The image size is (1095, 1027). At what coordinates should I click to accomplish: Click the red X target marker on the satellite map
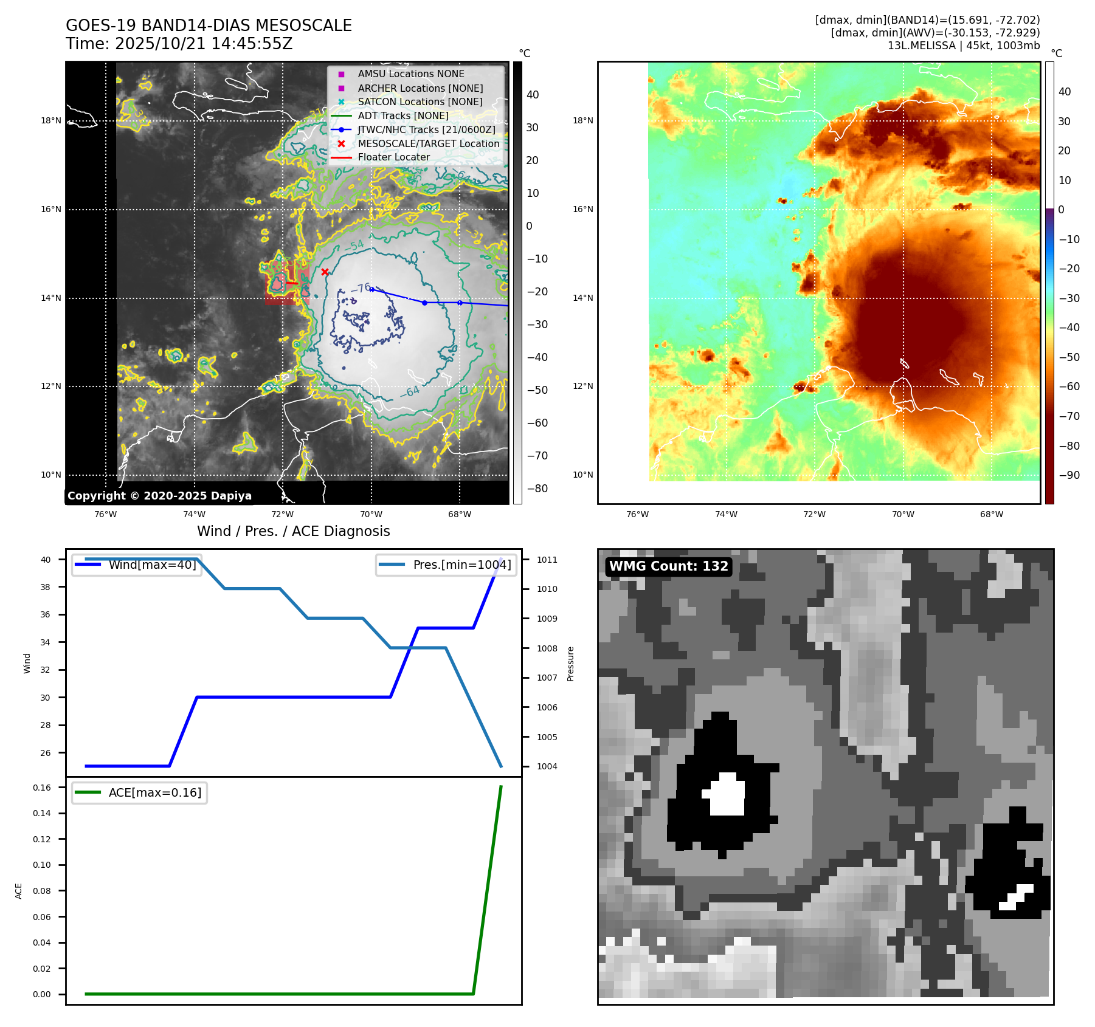[x=325, y=272]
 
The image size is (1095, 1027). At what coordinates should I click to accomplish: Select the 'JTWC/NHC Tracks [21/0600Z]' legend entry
[x=426, y=129]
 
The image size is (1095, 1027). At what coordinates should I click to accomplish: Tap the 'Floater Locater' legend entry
[x=393, y=157]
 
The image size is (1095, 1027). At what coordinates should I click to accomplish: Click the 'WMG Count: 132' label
[x=668, y=566]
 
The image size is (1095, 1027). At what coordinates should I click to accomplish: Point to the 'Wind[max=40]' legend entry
[x=152, y=565]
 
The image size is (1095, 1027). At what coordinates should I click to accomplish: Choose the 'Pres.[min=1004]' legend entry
[x=461, y=565]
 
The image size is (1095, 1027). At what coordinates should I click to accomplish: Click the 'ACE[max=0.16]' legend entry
[x=154, y=792]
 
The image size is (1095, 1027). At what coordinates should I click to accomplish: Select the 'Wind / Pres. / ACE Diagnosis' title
[x=294, y=531]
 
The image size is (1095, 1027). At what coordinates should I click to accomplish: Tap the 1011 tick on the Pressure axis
[x=547, y=560]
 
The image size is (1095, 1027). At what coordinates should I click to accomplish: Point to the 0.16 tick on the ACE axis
[x=42, y=788]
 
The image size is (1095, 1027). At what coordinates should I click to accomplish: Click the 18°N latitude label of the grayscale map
[x=51, y=120]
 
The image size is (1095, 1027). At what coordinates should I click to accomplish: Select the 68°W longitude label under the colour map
[x=992, y=514]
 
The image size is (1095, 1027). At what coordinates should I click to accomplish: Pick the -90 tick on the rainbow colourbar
[x=1069, y=475]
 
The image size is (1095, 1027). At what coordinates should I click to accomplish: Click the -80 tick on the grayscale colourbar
[x=537, y=489]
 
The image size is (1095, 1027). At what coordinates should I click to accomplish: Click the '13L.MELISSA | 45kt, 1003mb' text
[x=964, y=46]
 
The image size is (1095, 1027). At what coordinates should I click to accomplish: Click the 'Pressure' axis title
[x=571, y=664]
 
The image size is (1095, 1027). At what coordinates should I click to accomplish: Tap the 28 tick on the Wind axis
[x=46, y=725]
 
